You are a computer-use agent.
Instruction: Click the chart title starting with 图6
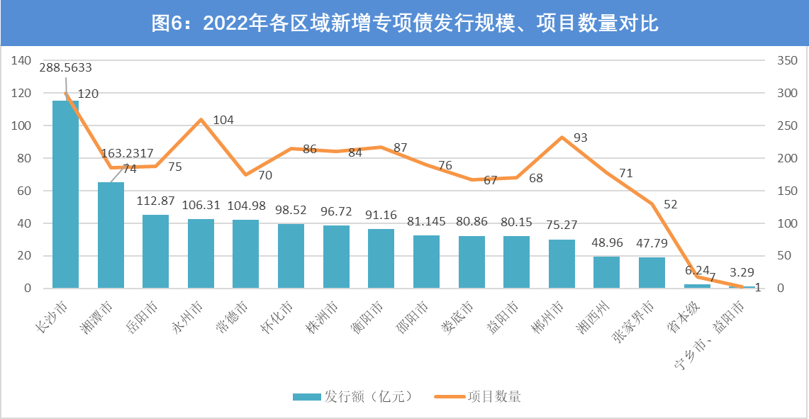[405, 23]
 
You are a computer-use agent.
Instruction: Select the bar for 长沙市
[65, 194]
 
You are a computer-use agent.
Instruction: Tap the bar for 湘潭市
[111, 235]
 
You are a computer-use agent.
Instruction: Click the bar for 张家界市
[652, 273]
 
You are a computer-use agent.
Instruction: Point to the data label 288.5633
[65, 68]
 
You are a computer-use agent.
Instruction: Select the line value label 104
[223, 120]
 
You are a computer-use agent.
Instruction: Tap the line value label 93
[581, 138]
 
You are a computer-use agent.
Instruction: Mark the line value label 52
[671, 204]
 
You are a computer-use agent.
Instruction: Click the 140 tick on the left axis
[21, 61]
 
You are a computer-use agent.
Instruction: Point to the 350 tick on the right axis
[787, 61]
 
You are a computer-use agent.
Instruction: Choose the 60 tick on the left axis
[24, 191]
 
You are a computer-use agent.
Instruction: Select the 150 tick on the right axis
[787, 191]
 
